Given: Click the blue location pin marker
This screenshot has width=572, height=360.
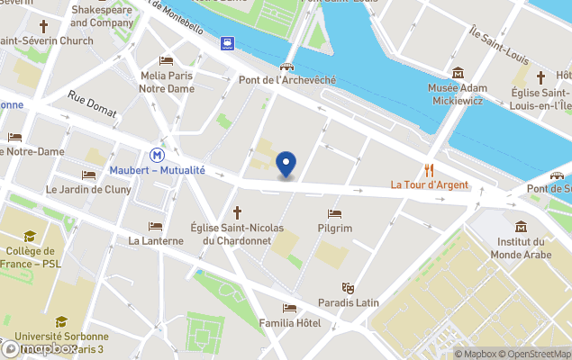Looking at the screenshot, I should click(286, 164).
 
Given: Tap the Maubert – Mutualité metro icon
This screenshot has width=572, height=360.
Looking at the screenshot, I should click(157, 154).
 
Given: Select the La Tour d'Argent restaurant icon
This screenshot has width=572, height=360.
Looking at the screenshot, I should click(429, 169).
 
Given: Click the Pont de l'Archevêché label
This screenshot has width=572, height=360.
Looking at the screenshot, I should click(287, 80).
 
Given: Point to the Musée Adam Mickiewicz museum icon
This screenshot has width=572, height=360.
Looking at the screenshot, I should click(458, 73).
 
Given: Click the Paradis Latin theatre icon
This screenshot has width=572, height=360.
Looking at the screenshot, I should click(348, 287).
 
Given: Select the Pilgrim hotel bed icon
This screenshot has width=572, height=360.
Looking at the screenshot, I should click(335, 214).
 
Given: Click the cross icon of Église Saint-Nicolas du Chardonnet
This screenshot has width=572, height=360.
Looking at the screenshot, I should click(238, 212).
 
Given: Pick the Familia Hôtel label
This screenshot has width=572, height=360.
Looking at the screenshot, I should click(289, 323).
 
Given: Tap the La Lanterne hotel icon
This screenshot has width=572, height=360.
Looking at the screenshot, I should click(156, 226).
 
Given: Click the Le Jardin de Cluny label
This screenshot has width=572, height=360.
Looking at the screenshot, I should click(89, 190).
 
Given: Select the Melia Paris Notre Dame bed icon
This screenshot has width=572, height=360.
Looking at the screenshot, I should click(167, 60).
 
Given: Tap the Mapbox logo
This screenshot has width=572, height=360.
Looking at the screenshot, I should click(40, 348).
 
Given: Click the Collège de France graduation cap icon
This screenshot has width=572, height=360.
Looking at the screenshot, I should click(29, 237).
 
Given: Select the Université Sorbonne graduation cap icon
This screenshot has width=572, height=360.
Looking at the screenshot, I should click(61, 321).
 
